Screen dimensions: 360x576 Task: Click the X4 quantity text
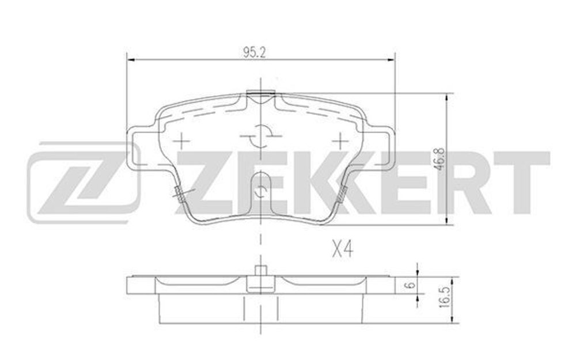pos(342,249)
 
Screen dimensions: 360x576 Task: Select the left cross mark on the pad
pos(181,139)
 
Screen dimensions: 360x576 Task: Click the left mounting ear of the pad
pos(141,149)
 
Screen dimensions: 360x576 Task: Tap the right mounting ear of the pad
pos(380,149)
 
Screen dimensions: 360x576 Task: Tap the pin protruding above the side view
pos(260,270)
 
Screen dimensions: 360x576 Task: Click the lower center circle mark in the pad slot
pos(261,191)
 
